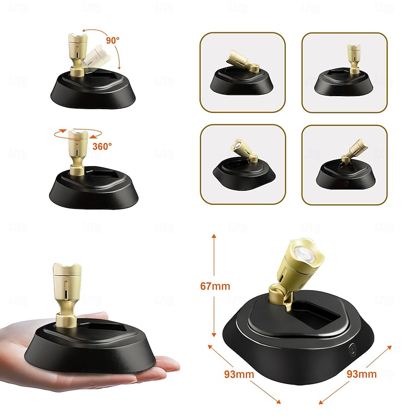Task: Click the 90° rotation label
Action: (113, 40)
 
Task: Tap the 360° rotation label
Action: (102, 146)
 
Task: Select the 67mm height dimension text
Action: (215, 286)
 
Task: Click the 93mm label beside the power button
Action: (362, 374)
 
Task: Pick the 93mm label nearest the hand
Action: (239, 374)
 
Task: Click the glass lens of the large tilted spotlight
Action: (304, 255)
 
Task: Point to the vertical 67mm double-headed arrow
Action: (214, 285)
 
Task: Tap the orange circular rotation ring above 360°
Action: (78, 134)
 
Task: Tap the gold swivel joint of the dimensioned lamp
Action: (280, 296)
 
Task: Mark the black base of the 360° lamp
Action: (94, 188)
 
